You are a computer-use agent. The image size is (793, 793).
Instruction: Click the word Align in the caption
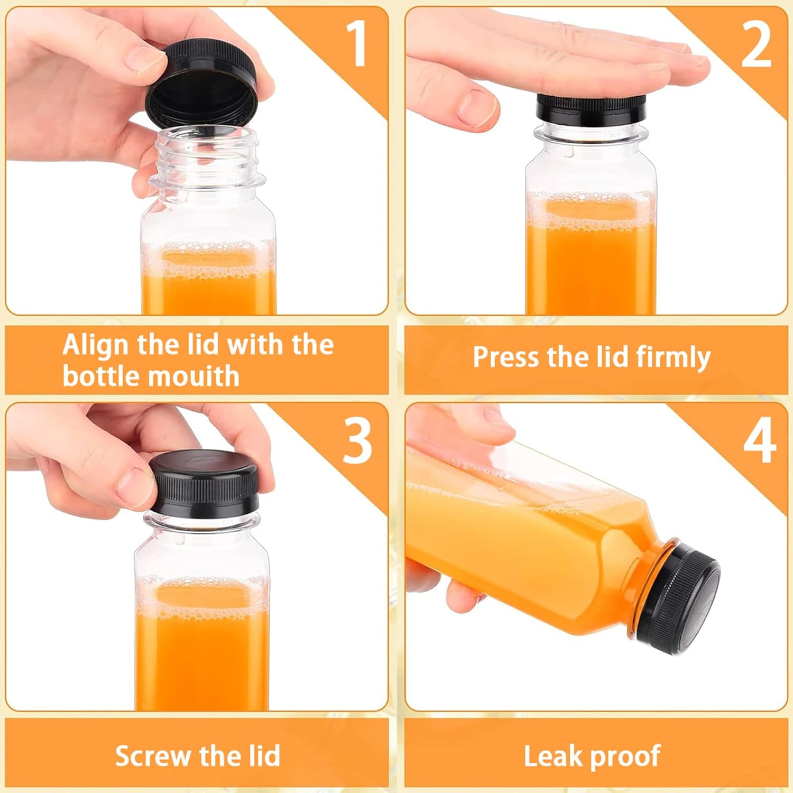(95, 345)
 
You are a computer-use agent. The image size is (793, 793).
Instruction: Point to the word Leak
(552, 756)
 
